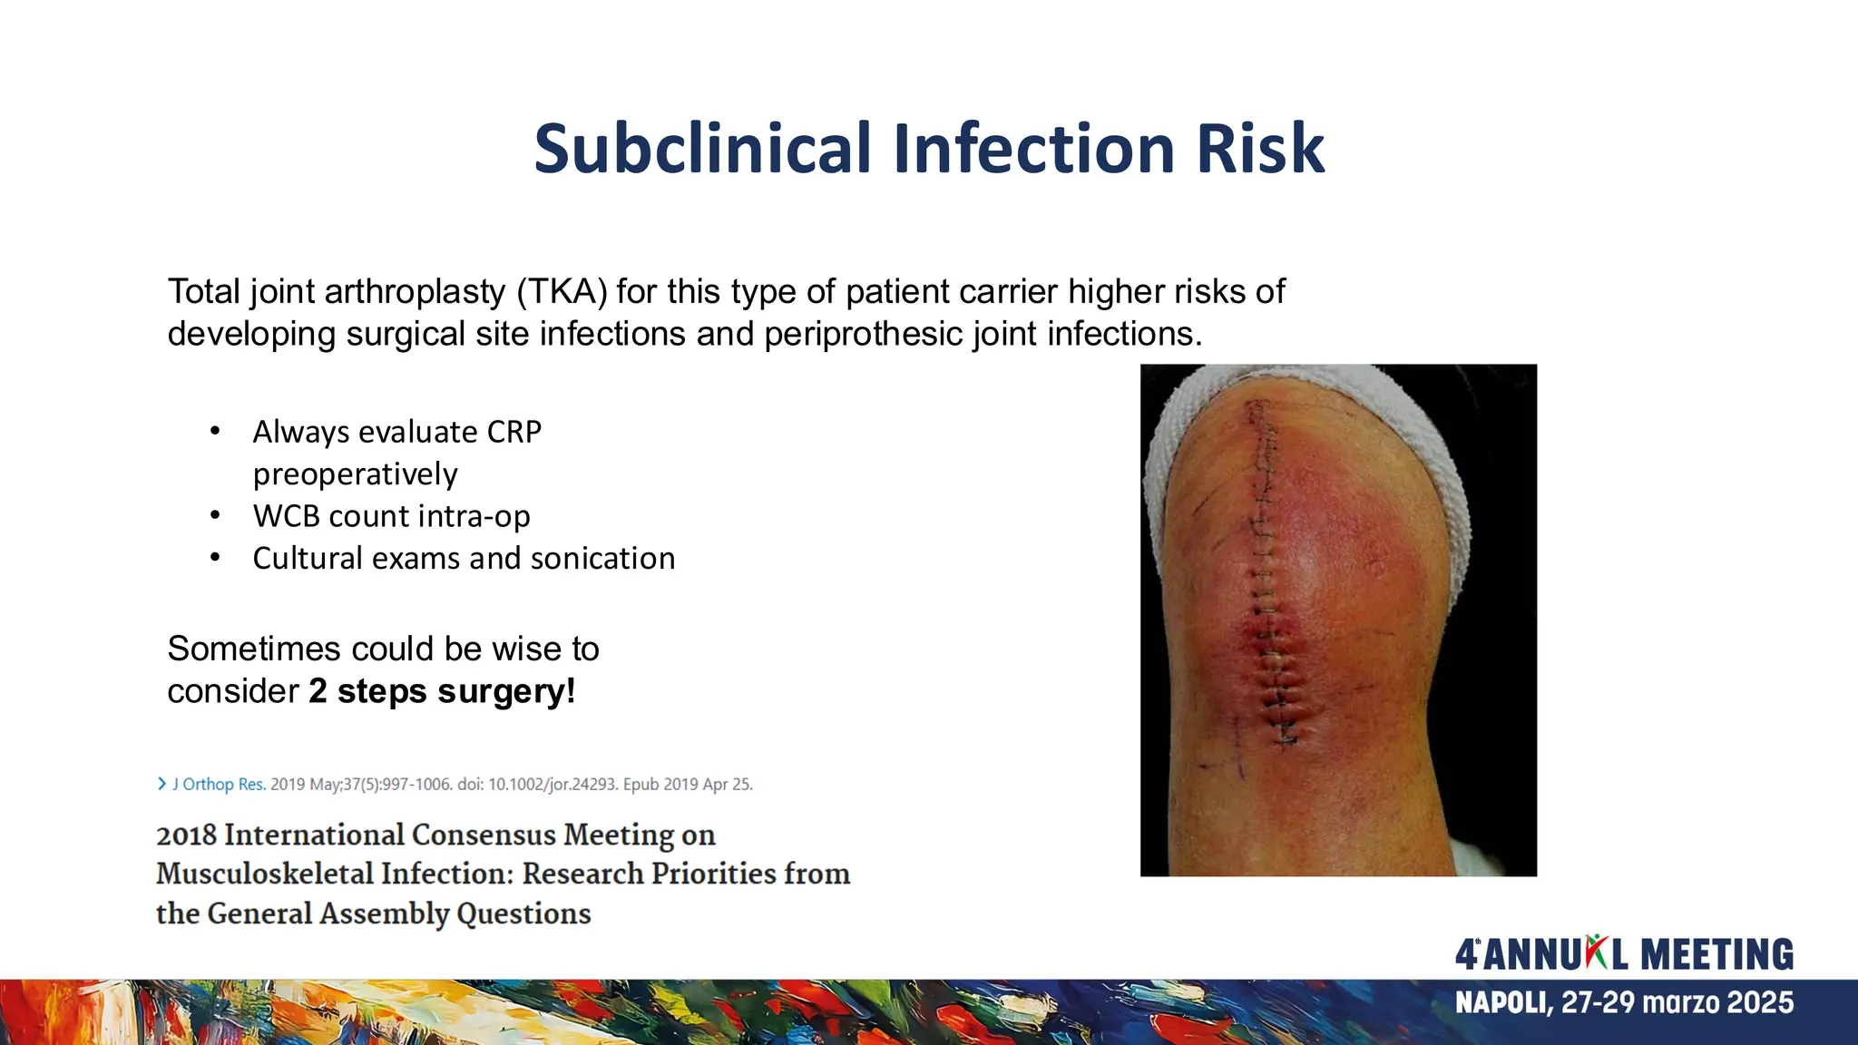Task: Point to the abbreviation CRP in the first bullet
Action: pos(513,432)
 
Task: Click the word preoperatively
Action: pos(355,474)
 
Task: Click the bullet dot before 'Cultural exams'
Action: pos(215,558)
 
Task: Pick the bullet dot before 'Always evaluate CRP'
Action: pos(215,432)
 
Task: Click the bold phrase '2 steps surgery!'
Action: pos(442,691)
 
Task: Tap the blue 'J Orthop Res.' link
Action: pos(218,785)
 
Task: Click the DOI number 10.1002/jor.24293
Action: pos(553,785)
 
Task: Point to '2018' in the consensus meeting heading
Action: pos(189,835)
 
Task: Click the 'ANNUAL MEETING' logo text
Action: pos(1624,955)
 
